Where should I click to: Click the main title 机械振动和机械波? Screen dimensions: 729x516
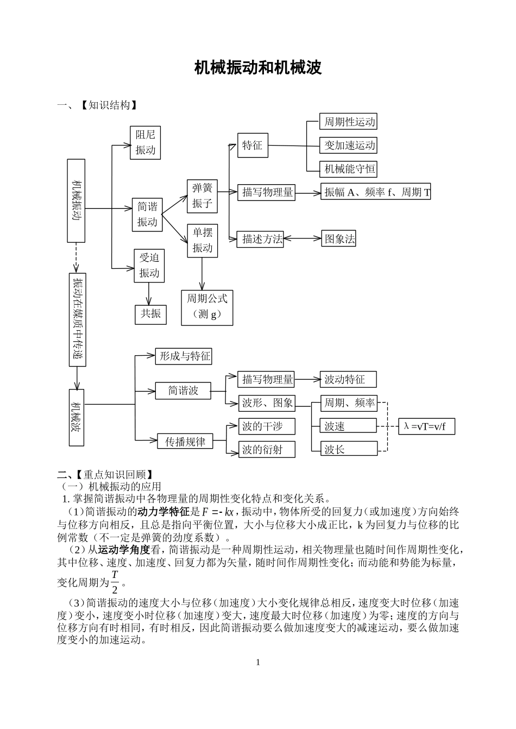258,67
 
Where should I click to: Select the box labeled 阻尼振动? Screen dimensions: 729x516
146,143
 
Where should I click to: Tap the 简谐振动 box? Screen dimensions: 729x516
147,214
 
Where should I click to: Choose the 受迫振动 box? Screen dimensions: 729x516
149,265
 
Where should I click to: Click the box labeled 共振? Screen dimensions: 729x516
151,313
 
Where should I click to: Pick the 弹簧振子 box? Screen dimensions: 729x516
202,196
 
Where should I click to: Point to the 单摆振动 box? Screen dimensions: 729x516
202,240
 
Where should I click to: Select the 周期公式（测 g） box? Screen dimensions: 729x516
207,306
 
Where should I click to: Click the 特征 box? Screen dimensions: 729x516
253,145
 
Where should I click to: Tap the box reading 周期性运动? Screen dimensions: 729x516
349,122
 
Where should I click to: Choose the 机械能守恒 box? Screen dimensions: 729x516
349,168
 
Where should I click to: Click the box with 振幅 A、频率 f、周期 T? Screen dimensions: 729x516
376,192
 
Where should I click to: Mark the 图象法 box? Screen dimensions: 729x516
339,238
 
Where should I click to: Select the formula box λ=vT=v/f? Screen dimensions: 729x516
426,426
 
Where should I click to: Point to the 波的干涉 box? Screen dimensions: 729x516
267,426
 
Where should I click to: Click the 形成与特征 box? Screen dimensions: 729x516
184,356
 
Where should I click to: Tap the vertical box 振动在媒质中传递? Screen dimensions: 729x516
78,319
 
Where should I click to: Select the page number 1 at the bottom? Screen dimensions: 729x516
258,662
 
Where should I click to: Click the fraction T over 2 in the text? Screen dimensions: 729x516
115,582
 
